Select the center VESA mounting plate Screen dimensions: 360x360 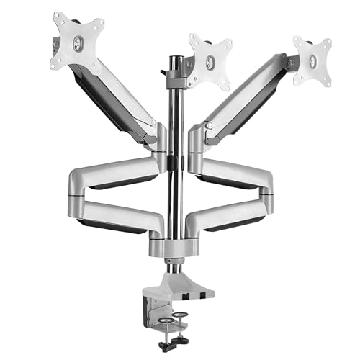click(x=209, y=58)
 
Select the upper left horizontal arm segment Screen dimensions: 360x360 click(x=115, y=173)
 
